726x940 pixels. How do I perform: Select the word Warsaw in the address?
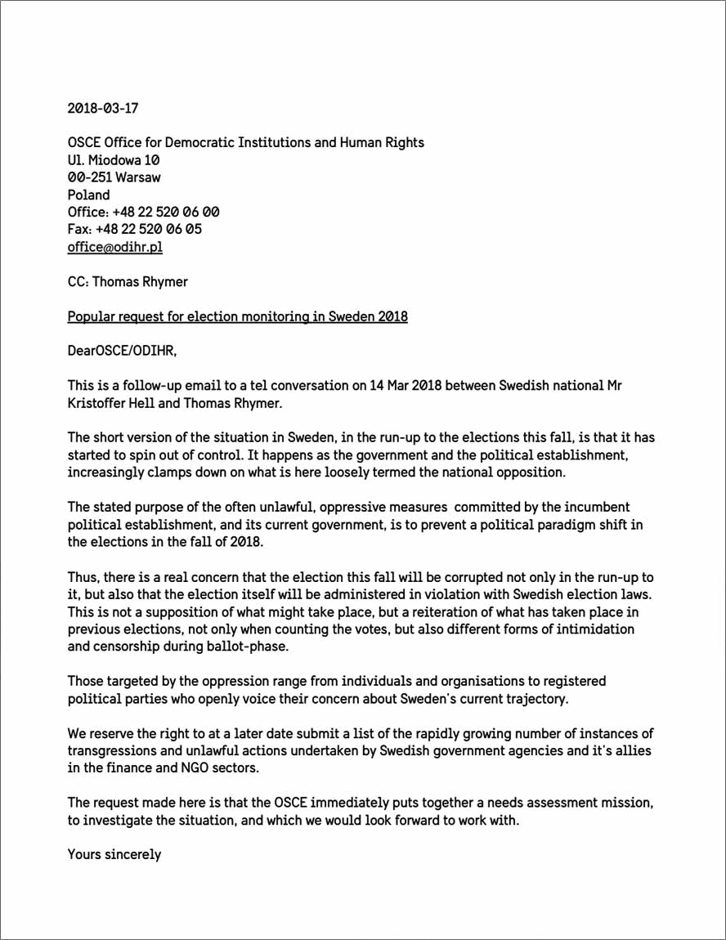point(138,177)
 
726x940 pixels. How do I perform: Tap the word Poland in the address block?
point(88,195)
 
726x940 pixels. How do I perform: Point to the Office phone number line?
point(143,212)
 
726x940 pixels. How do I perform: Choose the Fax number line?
point(134,229)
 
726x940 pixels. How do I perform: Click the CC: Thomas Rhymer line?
point(128,281)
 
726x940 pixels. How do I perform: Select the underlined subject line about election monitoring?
point(237,316)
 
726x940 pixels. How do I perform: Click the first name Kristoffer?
point(98,403)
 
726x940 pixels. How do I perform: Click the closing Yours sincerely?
point(114,854)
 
